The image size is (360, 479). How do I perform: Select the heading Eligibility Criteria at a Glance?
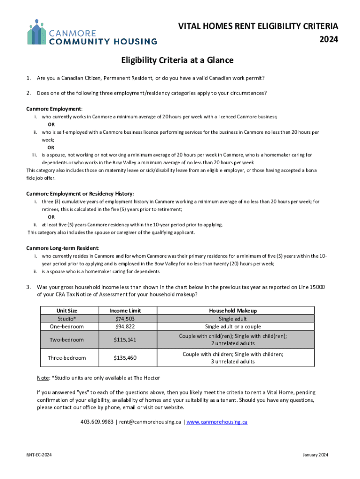(x=177, y=60)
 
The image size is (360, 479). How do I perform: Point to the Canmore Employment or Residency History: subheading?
(x=80, y=194)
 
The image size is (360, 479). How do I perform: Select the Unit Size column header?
(x=67, y=311)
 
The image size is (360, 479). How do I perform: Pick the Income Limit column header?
(x=125, y=311)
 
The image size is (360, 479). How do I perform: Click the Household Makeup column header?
(x=233, y=311)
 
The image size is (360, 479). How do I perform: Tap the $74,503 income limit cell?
(x=125, y=319)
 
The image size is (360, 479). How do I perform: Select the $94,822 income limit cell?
(x=125, y=327)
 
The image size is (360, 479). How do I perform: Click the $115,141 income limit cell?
(x=125, y=340)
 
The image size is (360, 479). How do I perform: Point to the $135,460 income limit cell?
(x=125, y=358)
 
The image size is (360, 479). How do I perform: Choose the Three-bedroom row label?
(x=67, y=358)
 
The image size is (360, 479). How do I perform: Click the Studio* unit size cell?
(x=67, y=319)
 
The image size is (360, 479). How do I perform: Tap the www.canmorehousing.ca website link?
(x=217, y=422)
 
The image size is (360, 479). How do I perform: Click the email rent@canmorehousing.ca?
(x=150, y=422)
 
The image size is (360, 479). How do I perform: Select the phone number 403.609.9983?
(x=97, y=422)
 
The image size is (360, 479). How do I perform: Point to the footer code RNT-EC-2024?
(x=39, y=455)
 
